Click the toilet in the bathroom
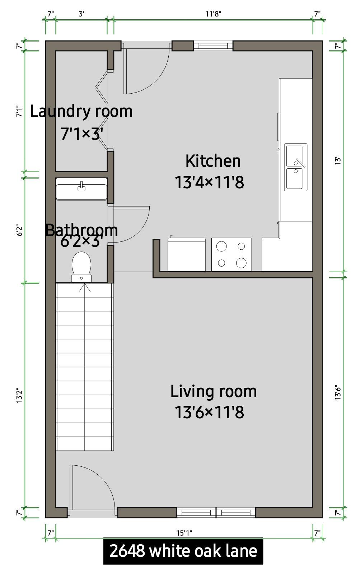point(81,267)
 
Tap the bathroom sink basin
point(81,189)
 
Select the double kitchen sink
point(295,167)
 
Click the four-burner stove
point(231,254)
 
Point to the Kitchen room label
point(213,161)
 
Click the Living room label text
point(213,391)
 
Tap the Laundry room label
point(81,112)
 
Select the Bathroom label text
point(81,230)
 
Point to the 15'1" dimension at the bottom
point(184,533)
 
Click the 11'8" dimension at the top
point(213,14)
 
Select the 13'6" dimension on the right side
point(338,392)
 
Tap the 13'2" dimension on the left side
point(19,395)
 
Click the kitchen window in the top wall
point(213,46)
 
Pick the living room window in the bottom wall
point(216,513)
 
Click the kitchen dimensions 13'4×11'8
point(209,183)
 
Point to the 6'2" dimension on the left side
point(19,230)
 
